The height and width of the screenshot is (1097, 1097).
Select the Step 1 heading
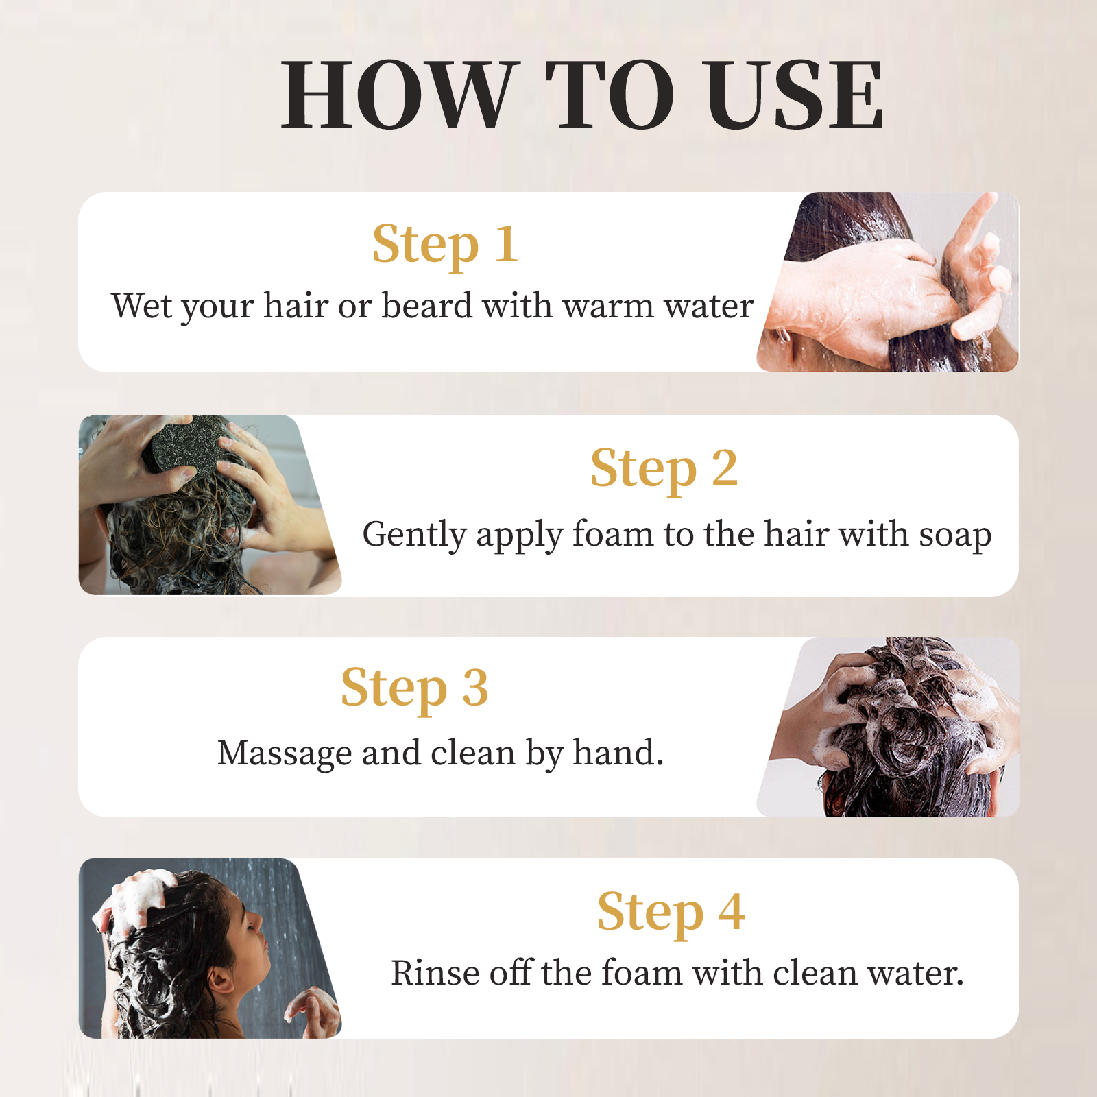click(445, 245)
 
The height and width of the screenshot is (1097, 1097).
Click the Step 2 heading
click(664, 470)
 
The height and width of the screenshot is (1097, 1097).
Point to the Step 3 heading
click(415, 688)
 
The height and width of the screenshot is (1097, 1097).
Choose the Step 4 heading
click(671, 913)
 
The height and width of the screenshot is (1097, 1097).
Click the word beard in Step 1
click(427, 305)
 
